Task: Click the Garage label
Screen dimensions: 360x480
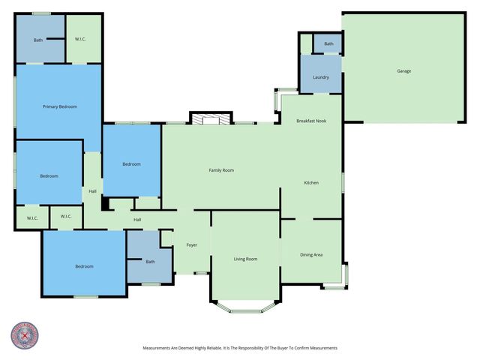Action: [403, 71]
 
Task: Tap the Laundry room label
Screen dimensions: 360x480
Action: [321, 77]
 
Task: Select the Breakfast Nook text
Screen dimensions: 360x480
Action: [310, 121]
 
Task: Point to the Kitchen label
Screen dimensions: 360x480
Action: [311, 183]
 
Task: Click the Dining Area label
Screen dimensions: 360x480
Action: [311, 255]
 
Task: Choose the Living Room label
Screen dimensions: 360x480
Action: [245, 259]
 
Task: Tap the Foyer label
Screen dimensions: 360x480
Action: [192, 244]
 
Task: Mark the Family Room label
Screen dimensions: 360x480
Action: [221, 170]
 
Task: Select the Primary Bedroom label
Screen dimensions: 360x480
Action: [59, 107]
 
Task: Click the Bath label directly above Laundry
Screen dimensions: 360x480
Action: [328, 44]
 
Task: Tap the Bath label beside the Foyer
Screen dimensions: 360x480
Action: [150, 262]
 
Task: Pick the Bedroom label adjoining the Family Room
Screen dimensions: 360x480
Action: [132, 164]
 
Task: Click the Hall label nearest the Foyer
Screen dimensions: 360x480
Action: [137, 220]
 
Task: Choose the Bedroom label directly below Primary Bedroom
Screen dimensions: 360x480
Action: [49, 176]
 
